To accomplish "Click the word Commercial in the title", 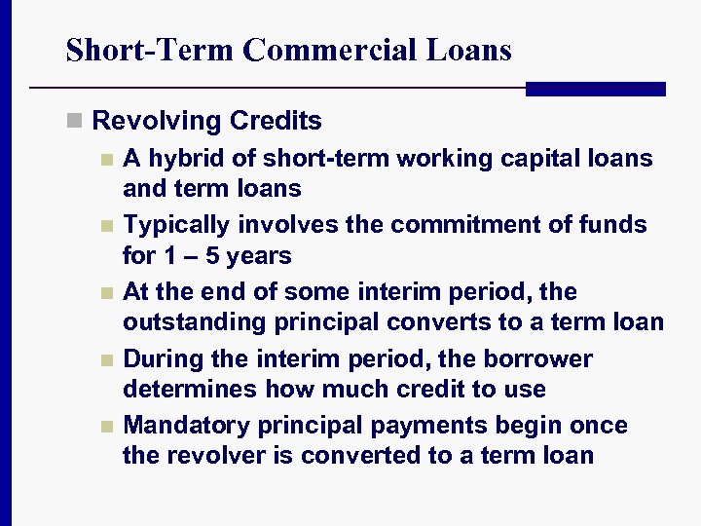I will pyautogui.click(x=332, y=50).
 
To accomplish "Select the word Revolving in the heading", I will pyautogui.click(x=157, y=121).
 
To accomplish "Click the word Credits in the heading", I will pyautogui.click(x=277, y=121).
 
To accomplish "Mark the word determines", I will pyautogui.click(x=183, y=389).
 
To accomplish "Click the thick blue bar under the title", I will pyautogui.click(x=595, y=89).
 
